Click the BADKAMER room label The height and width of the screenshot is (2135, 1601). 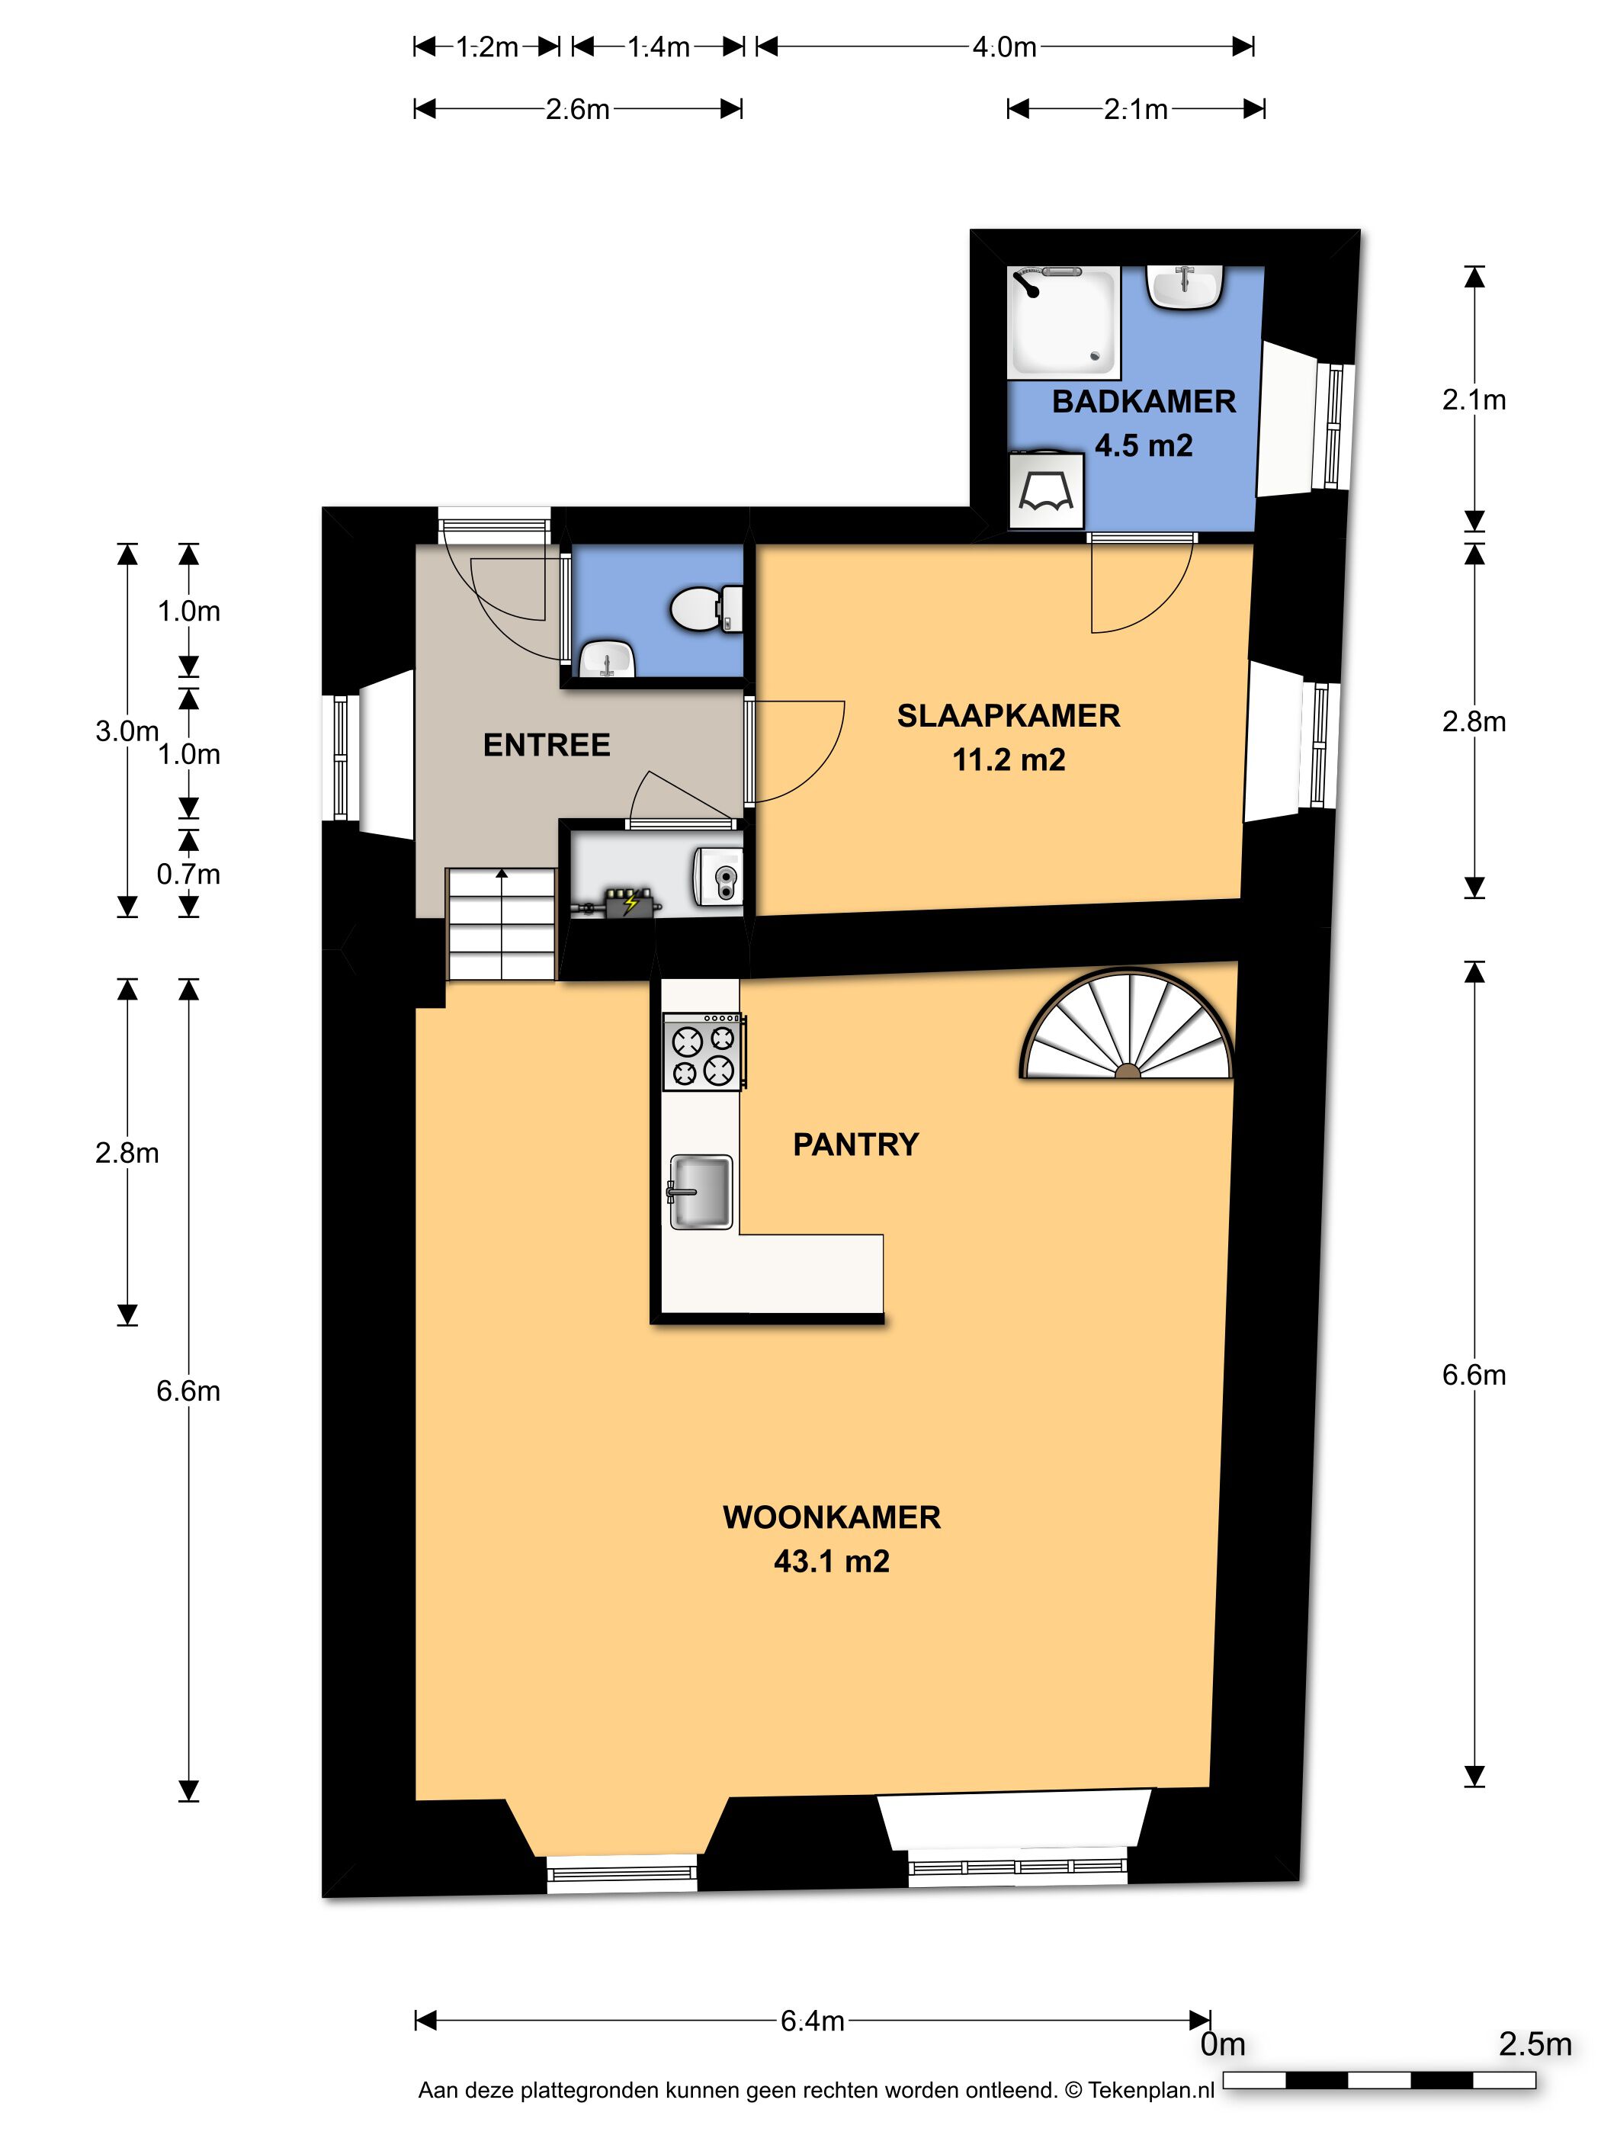1144,402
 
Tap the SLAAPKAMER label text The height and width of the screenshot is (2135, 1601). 1009,715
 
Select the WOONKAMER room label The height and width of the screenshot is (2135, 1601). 832,1517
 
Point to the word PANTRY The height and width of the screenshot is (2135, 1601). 856,1144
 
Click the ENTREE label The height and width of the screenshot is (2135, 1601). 546,745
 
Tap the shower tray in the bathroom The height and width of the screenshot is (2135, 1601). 1064,323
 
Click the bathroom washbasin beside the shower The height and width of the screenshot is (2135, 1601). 1185,287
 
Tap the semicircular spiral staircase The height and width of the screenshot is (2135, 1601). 1127,1025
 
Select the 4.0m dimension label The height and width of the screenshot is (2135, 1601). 1005,47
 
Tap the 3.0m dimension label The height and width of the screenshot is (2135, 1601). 127,730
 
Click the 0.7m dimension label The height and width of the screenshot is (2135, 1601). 188,874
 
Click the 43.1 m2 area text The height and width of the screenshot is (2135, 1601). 832,1561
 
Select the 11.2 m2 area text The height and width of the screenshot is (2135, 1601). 1009,759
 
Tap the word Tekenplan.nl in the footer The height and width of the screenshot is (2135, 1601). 1151,2091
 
